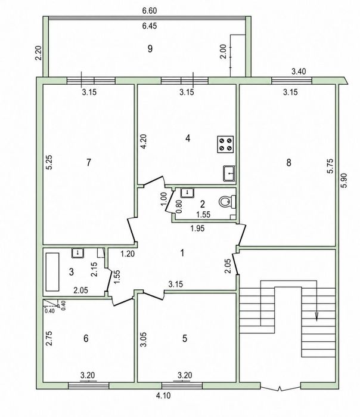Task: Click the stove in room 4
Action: tap(225, 144)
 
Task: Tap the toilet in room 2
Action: tap(228, 202)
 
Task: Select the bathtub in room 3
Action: tap(52, 272)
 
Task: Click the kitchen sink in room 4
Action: tap(229, 174)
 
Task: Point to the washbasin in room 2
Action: tap(188, 193)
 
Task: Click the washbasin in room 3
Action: tap(77, 253)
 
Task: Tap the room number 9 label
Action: tap(150, 49)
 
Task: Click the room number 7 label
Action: tap(89, 162)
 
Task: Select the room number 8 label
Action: tap(289, 162)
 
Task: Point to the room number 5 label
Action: tap(185, 338)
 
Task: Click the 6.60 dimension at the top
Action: tap(150, 11)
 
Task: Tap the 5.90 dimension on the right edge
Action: tap(344, 181)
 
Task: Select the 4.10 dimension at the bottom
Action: tap(163, 396)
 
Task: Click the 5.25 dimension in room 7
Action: tap(49, 162)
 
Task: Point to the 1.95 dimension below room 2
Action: tap(197, 228)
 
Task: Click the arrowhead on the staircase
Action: tap(316, 316)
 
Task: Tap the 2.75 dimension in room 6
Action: tap(49, 338)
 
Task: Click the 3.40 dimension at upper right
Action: tap(299, 72)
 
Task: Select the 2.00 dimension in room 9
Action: tap(224, 51)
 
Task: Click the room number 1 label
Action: tap(182, 253)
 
